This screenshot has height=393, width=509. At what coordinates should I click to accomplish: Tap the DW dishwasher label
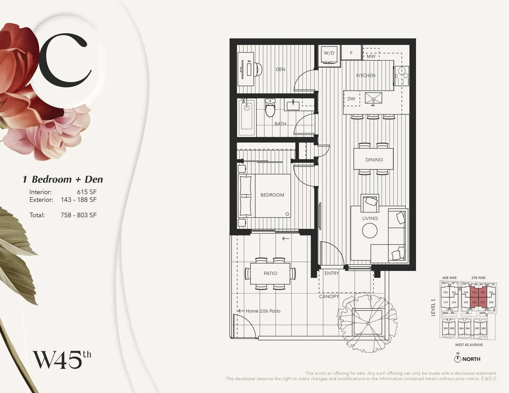(x=351, y=99)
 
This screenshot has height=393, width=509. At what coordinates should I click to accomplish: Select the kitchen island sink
(x=373, y=98)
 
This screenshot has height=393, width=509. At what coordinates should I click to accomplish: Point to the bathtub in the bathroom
(x=247, y=117)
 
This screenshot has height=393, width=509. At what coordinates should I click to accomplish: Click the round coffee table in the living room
(x=370, y=230)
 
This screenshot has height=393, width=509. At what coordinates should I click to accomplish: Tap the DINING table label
(x=374, y=160)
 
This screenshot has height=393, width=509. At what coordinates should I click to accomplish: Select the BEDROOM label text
(x=272, y=195)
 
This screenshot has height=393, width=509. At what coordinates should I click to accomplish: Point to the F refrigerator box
(x=351, y=53)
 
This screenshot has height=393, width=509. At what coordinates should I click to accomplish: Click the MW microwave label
(x=371, y=56)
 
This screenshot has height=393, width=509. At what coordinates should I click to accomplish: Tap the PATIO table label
(x=270, y=273)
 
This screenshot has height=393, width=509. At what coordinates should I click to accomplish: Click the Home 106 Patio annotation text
(x=263, y=311)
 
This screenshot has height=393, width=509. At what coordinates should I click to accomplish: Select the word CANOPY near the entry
(x=329, y=296)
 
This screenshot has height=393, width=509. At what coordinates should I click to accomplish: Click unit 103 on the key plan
(x=474, y=292)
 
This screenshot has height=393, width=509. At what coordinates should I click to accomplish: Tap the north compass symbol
(x=458, y=359)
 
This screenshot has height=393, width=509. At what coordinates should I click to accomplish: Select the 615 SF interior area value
(x=87, y=192)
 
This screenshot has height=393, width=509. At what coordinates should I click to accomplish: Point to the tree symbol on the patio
(x=367, y=323)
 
